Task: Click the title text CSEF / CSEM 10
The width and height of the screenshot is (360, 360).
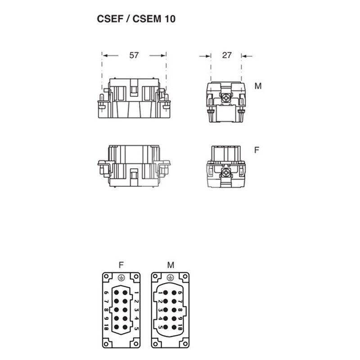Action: click(x=136, y=19)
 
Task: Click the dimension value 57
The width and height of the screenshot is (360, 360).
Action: click(x=134, y=55)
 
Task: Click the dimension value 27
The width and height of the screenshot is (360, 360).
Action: click(x=227, y=55)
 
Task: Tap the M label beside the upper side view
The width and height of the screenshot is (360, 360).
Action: click(x=258, y=86)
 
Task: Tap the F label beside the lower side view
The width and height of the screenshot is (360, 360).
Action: click(x=256, y=150)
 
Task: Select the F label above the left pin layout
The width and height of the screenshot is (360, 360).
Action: click(x=121, y=265)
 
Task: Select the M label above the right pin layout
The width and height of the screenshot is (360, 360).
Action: click(x=171, y=265)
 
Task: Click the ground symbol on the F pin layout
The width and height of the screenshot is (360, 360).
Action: click(x=121, y=278)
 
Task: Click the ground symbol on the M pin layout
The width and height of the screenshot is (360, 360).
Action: click(x=170, y=278)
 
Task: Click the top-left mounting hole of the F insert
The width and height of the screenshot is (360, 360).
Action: click(x=106, y=276)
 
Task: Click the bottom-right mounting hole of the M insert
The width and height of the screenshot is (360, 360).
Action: click(x=185, y=344)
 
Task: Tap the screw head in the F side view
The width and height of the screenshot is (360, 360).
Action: click(x=226, y=172)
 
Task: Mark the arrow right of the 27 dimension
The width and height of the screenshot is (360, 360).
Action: click(x=247, y=56)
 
